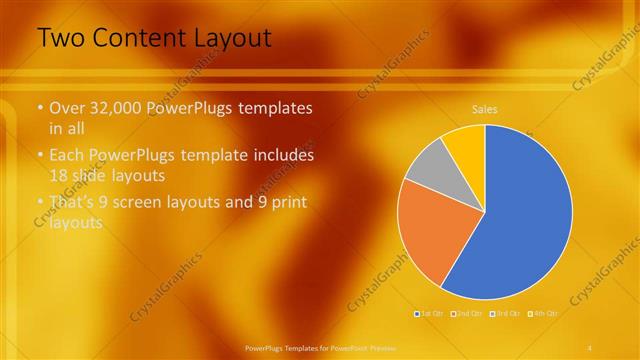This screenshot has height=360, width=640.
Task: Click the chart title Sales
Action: pos(485,109)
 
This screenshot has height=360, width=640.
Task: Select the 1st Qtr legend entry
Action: pos(431,314)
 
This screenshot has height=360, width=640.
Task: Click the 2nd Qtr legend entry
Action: pos(468,314)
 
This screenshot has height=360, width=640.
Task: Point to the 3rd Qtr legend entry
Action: pos(506,314)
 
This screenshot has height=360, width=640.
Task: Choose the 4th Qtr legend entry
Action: pos(543,314)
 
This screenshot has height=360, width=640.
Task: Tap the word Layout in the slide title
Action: pos(233,39)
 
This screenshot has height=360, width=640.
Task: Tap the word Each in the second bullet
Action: pos(67,156)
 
